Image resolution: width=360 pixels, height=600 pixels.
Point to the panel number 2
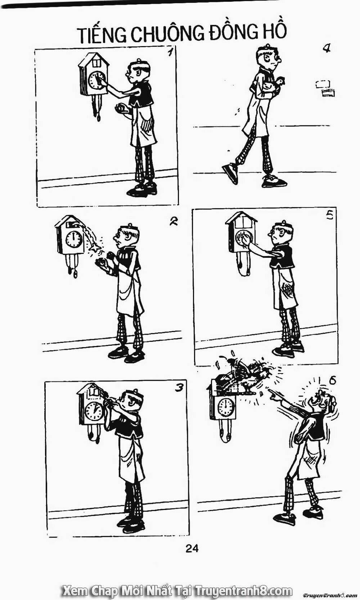point(174,221)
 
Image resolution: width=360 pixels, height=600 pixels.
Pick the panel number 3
point(179,388)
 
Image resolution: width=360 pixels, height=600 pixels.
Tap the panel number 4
point(327,48)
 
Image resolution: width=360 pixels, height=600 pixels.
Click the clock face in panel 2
point(74,239)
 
